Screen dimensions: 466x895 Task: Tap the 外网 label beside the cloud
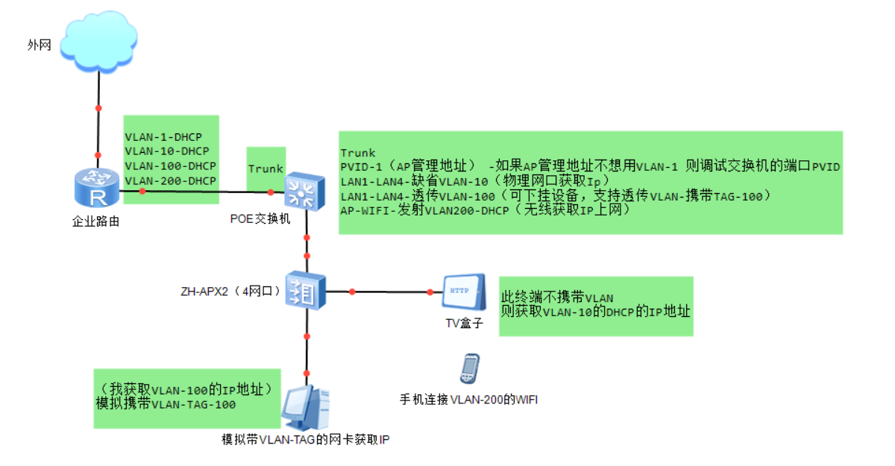point(39,45)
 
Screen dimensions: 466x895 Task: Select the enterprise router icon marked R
point(96,188)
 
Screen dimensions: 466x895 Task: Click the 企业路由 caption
point(95,221)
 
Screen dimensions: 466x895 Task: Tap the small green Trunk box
point(266,169)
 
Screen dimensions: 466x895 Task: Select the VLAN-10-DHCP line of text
point(166,151)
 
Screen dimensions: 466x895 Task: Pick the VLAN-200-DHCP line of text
point(170,180)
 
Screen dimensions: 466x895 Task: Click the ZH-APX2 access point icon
point(307,291)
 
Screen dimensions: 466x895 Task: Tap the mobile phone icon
point(469,368)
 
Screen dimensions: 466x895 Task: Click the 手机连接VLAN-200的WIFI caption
point(468,400)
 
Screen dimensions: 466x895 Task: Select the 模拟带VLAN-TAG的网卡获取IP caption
point(306,439)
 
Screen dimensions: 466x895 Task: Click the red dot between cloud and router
point(98,109)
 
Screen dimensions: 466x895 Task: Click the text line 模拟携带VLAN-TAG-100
point(166,404)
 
